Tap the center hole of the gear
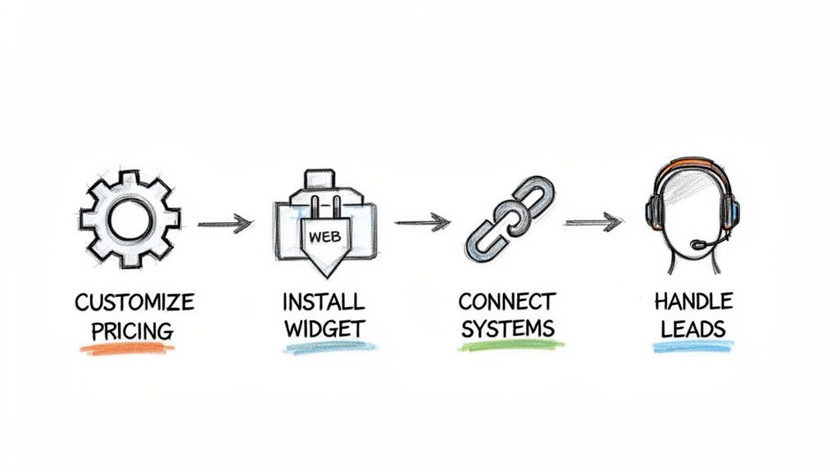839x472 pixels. click(129, 219)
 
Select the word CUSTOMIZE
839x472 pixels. click(134, 302)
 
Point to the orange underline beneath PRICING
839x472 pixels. click(127, 349)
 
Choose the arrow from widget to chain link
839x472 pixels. click(423, 221)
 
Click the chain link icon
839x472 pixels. click(508, 217)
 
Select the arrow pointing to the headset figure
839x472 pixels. click(593, 221)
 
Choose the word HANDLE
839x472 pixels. click(694, 301)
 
